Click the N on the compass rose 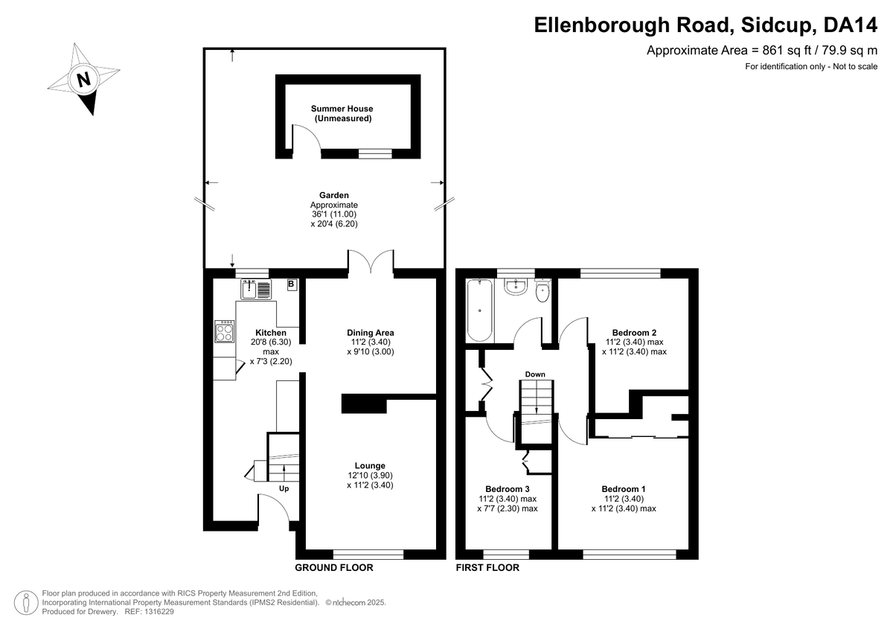click(83, 79)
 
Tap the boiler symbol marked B click(292, 284)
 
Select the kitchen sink click(256, 289)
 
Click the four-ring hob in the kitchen click(225, 331)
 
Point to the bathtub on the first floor click(479, 310)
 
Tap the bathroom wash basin click(516, 287)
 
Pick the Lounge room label click(370, 466)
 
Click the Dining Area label click(371, 333)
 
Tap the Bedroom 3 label click(507, 489)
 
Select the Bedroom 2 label click(634, 333)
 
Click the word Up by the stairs click(284, 489)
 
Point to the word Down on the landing click(535, 374)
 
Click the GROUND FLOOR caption click(334, 568)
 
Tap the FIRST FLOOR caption click(487, 568)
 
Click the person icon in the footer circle click(26, 602)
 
